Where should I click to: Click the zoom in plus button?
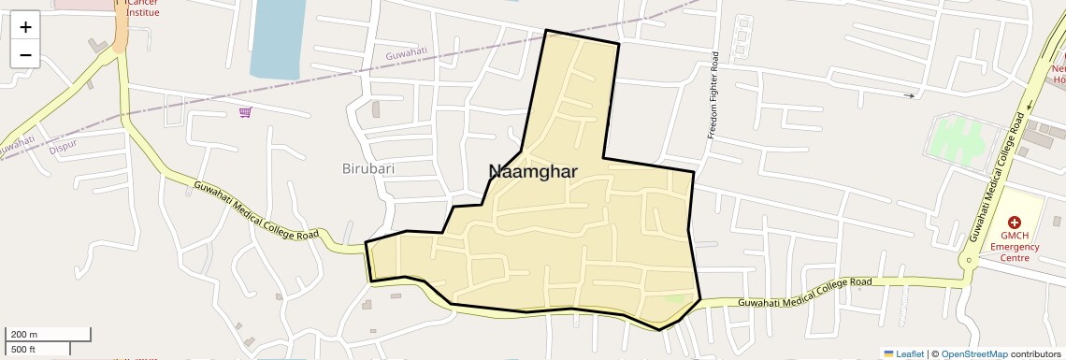[x=25, y=26]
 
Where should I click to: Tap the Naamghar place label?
[x=533, y=171]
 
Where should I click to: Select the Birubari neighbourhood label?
[x=368, y=169]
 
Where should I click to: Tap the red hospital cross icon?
[x=1014, y=223]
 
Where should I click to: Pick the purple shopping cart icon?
[x=245, y=112]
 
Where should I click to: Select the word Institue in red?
[x=143, y=12]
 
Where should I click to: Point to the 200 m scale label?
[x=24, y=334]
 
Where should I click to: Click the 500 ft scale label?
[x=23, y=350]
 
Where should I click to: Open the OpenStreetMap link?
[x=973, y=353]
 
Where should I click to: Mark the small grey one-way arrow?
[x=910, y=95]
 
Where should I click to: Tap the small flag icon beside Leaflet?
[x=888, y=353]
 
